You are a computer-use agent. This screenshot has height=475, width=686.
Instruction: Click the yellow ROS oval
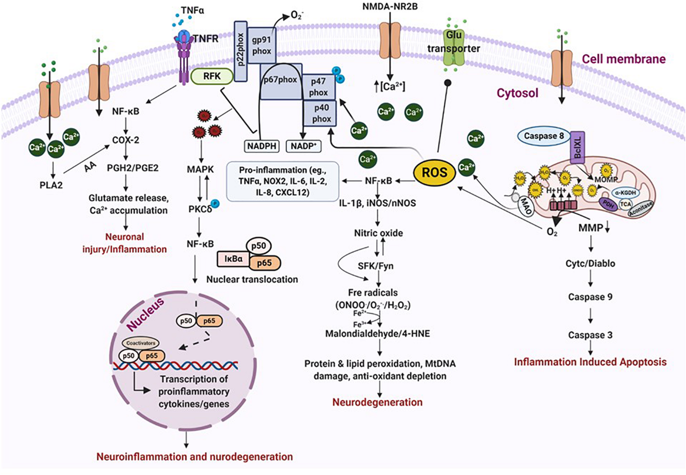tap(434, 172)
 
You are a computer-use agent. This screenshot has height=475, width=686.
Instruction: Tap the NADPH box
tap(262, 146)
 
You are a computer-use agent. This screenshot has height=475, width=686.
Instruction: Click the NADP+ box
tap(303, 146)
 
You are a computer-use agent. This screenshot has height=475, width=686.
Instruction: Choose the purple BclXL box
tap(577, 148)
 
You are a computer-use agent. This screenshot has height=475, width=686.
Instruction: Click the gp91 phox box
tap(262, 45)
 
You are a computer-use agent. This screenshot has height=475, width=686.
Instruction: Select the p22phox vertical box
tap(241, 51)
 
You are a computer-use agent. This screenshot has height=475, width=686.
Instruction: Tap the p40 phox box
tap(320, 113)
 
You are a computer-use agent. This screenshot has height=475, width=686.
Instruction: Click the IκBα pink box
tap(233, 259)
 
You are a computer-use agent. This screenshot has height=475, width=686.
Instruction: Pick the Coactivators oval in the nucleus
tap(140, 343)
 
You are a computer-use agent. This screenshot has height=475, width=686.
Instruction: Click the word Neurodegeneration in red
tap(377, 402)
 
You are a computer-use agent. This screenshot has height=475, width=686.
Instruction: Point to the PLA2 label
tap(51, 185)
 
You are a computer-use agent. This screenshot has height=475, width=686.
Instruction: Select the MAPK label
tap(200, 169)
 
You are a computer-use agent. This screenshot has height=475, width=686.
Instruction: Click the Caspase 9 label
tap(590, 297)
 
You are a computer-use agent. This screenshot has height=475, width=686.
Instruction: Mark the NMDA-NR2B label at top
tap(390, 6)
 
